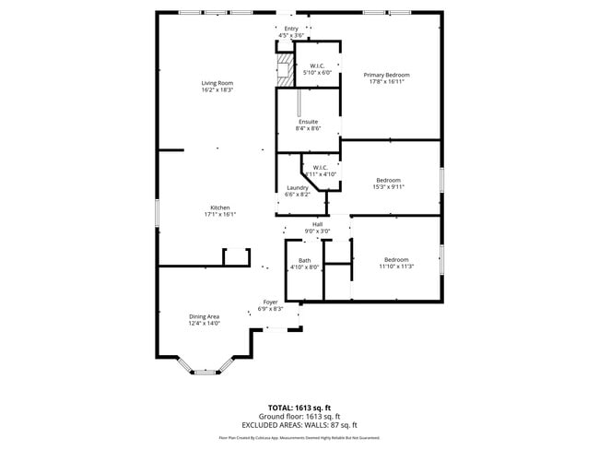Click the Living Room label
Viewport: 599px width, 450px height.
click(217, 84)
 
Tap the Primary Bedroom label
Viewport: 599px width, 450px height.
click(386, 75)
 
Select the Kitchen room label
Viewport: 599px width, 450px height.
click(219, 207)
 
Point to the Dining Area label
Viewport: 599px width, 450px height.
click(204, 316)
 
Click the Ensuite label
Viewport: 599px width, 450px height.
click(308, 122)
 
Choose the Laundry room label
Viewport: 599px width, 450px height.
click(297, 188)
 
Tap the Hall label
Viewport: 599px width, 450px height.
click(317, 224)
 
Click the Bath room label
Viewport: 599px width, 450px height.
click(304, 260)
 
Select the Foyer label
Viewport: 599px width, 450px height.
click(271, 302)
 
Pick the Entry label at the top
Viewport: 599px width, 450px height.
click(291, 29)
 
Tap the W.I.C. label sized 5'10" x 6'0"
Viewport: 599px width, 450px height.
click(317, 66)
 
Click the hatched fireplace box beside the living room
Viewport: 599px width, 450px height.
click(285, 70)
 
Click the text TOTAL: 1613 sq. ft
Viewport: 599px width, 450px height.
click(299, 408)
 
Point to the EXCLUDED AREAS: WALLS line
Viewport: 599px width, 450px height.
click(299, 425)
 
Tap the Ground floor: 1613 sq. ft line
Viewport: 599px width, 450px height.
click(299, 417)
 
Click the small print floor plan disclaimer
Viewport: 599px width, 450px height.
click(299, 438)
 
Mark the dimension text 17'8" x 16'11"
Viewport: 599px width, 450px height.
click(386, 81)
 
